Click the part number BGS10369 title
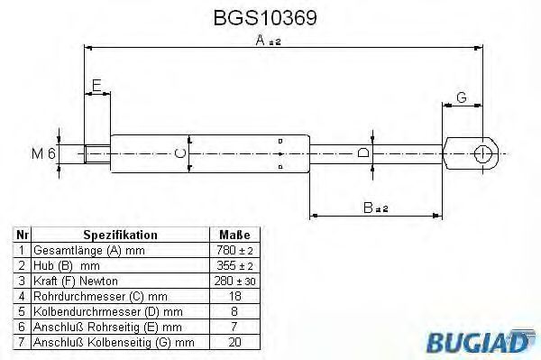tap(265, 18)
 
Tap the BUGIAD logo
tap(481, 341)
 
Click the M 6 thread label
tap(43, 153)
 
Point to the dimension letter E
tap(96, 85)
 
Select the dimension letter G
tap(462, 97)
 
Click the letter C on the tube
tap(180, 153)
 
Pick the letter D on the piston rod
tap(363, 152)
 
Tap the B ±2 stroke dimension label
tap(376, 208)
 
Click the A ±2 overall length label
tap(269, 41)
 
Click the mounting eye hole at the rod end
tap(482, 153)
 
